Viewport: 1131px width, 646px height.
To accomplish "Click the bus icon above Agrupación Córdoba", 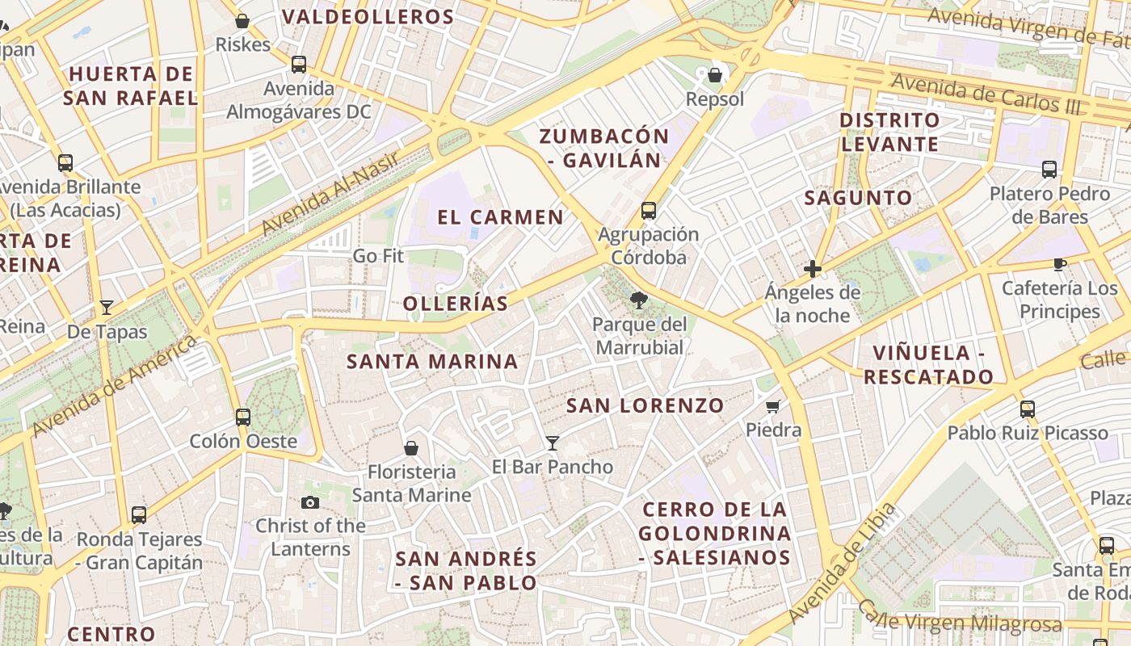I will [x=648, y=211].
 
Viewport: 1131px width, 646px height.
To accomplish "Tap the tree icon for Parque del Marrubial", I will [x=639, y=301].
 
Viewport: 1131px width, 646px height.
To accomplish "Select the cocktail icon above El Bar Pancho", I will [x=553, y=443].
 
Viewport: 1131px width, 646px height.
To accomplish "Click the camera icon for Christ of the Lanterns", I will [x=310, y=502].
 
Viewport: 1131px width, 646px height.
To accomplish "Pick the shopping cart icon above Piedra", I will [x=773, y=406].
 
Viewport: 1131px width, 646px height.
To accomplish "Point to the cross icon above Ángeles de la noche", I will [x=813, y=269].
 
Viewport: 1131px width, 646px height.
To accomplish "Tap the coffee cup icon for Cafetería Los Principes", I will [x=1060, y=264].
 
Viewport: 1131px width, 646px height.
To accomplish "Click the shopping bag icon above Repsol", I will [x=714, y=76].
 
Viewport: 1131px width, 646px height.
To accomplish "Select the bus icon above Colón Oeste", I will [x=243, y=417].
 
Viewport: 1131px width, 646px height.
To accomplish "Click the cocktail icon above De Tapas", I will [x=107, y=308].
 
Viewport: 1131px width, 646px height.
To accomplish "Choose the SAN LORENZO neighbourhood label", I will [x=645, y=406].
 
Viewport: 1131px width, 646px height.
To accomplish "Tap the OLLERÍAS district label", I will [x=456, y=304].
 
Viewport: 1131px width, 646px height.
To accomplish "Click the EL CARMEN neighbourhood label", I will [x=500, y=217].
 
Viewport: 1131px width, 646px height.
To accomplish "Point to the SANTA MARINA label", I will [x=432, y=362].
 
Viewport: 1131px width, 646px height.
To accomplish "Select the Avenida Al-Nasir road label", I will [x=331, y=194].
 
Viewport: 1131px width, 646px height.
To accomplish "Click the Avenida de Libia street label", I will [x=843, y=563].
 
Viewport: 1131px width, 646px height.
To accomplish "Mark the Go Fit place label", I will [x=378, y=257].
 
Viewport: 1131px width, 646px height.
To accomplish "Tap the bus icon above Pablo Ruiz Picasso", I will [x=1028, y=409].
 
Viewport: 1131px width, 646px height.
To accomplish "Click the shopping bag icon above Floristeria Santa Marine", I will [x=411, y=448].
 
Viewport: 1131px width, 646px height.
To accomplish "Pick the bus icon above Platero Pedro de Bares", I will [x=1049, y=170].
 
